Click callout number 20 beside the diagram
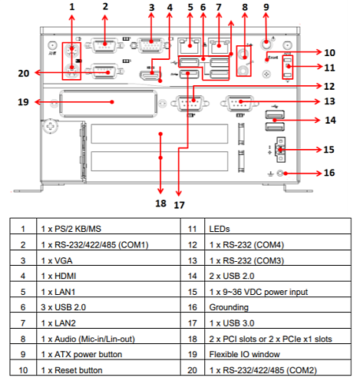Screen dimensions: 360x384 (24, 74)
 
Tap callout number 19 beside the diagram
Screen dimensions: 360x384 (23, 102)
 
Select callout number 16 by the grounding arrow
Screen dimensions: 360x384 (329, 173)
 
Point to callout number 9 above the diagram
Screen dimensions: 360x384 (266, 7)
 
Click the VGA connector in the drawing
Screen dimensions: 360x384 (151, 45)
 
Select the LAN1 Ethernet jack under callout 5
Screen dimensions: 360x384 (190, 45)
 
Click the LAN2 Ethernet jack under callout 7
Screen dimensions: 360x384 (219, 45)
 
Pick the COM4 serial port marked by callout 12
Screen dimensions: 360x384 (190, 103)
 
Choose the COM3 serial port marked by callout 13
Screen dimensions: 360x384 (239, 103)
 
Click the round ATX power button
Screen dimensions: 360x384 (266, 44)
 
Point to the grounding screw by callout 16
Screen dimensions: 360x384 (280, 174)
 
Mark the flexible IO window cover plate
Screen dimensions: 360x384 (108, 104)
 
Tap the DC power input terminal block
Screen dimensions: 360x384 (281, 150)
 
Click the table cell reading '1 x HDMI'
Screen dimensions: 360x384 (108, 276)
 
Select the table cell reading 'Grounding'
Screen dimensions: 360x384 (278, 307)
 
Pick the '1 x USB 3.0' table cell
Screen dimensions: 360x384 (278, 323)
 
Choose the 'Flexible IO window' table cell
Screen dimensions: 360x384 (278, 354)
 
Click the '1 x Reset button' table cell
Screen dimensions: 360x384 (108, 370)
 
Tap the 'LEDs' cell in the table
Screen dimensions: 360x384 (278, 229)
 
